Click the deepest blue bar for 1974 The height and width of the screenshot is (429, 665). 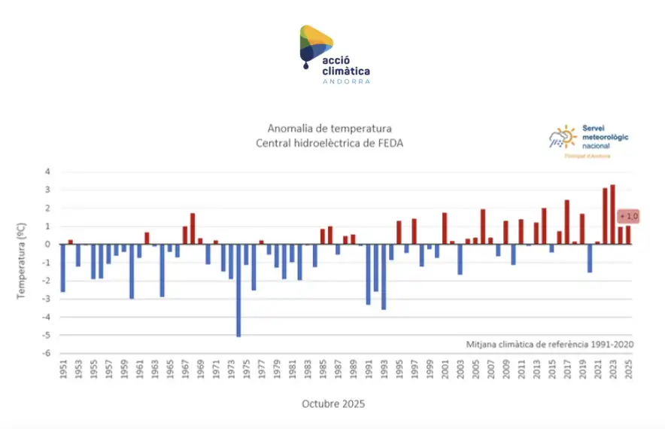(x=238, y=290)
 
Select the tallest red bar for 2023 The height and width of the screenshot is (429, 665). (x=612, y=214)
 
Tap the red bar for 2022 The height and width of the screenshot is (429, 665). (x=605, y=216)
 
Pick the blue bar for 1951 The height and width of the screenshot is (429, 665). (x=62, y=268)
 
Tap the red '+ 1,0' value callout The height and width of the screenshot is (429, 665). (x=629, y=217)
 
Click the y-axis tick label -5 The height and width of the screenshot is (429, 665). (x=47, y=336)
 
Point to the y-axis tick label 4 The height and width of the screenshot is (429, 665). (x=47, y=172)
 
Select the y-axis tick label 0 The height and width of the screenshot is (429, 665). (x=47, y=245)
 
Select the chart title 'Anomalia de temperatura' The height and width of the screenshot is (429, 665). (x=329, y=129)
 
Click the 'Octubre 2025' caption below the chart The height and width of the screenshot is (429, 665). (x=333, y=404)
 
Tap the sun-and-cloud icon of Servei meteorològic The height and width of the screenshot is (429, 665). (x=563, y=137)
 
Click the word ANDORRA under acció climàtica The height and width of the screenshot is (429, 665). (x=346, y=81)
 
